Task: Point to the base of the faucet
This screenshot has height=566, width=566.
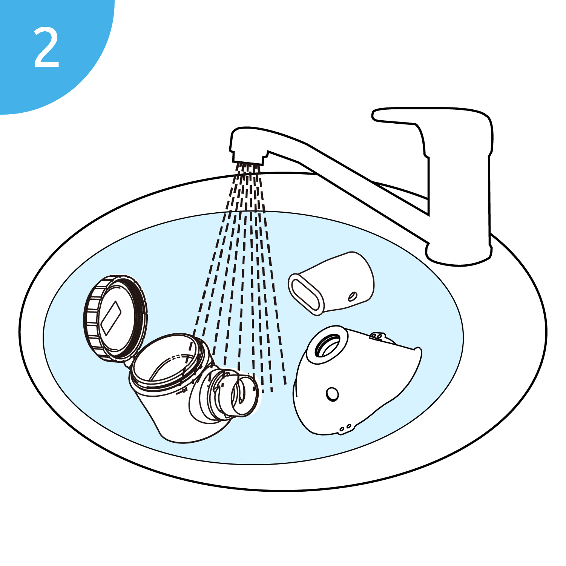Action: coord(459,253)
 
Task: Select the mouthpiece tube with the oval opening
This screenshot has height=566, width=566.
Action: coord(331,283)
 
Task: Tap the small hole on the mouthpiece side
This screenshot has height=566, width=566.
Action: coord(353,296)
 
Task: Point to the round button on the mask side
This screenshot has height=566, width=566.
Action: coord(332,394)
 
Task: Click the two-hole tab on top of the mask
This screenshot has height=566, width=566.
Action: coord(377,335)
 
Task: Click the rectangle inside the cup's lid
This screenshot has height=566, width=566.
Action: coord(111,318)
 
